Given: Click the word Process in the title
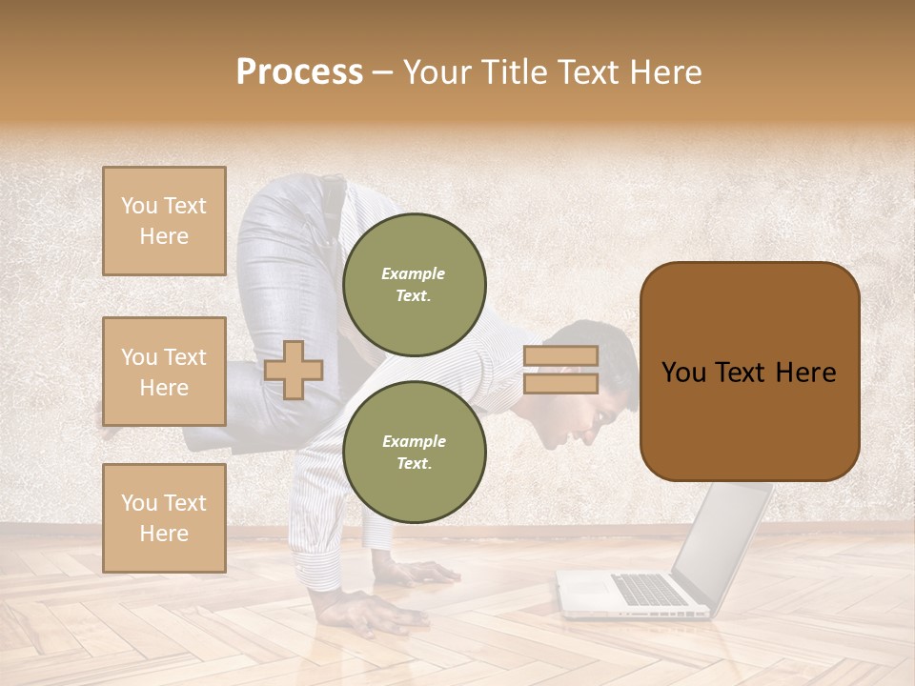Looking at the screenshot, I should tap(299, 72).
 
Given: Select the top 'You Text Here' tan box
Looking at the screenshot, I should tap(164, 221).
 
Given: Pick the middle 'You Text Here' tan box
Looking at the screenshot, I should tap(164, 372).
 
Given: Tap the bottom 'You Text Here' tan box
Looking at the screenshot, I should tap(164, 517).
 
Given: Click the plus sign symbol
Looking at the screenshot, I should tap(294, 370).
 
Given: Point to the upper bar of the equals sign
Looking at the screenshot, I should tap(560, 355).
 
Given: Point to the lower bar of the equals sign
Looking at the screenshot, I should tap(560, 384).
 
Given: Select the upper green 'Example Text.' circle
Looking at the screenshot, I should tap(414, 284).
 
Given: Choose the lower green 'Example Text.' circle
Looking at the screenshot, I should tap(414, 452).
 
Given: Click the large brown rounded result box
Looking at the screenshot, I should tap(749, 372).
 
